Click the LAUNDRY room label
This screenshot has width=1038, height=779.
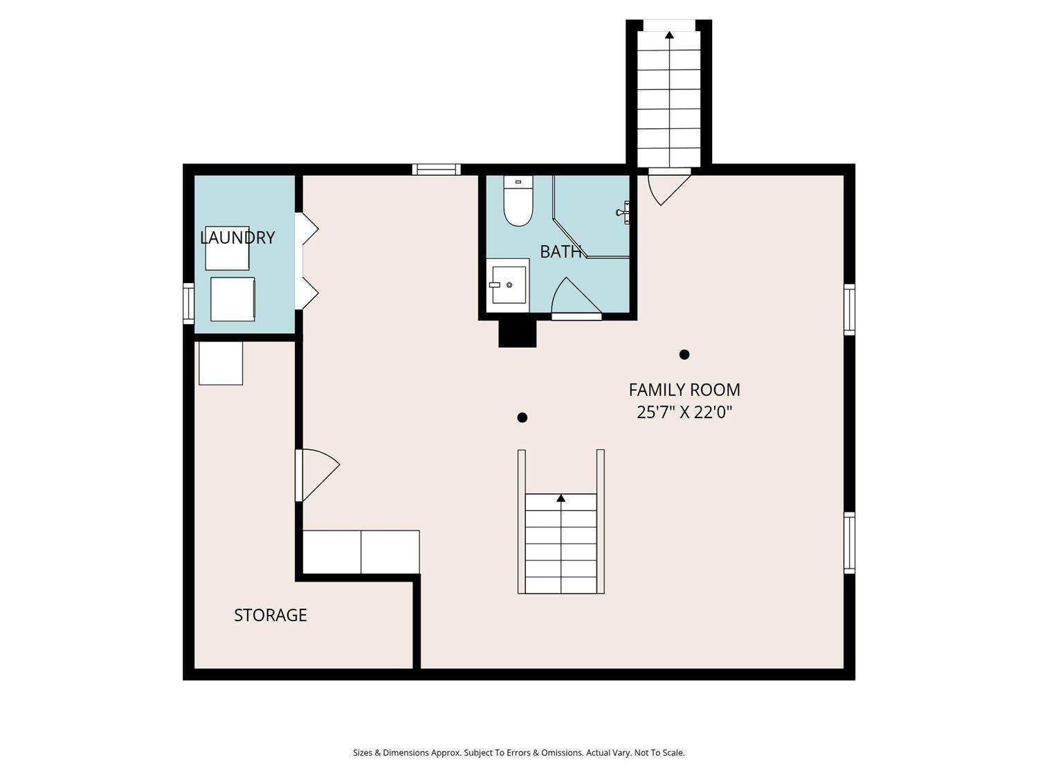[x=237, y=238]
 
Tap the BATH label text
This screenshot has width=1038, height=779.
[x=561, y=251]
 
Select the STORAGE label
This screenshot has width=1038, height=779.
[x=271, y=615]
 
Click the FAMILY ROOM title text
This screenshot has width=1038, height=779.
[x=684, y=390]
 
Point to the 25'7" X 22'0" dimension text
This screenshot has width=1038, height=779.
[x=684, y=413]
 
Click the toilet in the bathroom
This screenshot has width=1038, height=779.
[x=518, y=201]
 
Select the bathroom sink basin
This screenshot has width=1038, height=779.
[x=509, y=285]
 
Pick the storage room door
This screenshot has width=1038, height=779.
[x=317, y=475]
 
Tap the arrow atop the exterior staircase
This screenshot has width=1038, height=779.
[x=669, y=35]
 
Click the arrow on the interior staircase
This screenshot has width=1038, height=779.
[x=561, y=498]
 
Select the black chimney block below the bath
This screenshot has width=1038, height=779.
[x=518, y=333]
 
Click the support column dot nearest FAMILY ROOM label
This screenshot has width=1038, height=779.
[x=684, y=355]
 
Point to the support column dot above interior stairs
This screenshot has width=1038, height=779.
[x=522, y=418]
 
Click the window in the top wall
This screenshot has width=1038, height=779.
[x=436, y=170]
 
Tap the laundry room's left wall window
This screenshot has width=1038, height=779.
[x=189, y=304]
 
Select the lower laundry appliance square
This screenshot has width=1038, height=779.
[x=233, y=299]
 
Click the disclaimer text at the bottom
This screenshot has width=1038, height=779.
[x=519, y=753]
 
